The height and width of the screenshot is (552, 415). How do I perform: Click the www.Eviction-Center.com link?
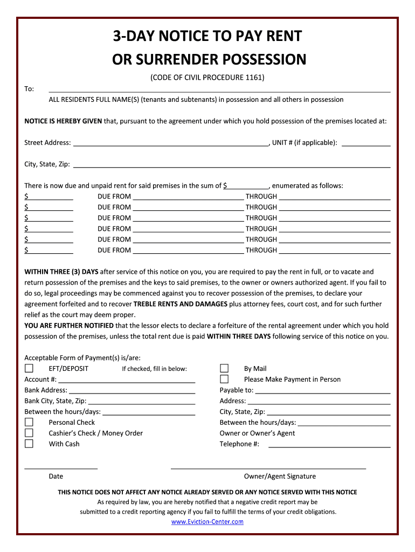207,522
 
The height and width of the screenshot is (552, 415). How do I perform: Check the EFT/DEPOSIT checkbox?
29,369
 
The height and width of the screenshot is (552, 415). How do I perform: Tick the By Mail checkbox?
224,369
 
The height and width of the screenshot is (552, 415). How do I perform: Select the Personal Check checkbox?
29,423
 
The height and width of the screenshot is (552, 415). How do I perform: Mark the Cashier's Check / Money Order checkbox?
29,433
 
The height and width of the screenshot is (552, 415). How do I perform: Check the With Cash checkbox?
29,444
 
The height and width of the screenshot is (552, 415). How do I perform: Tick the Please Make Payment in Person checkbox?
224,379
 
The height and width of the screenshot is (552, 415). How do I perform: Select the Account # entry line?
127,381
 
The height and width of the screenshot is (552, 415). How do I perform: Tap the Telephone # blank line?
329,446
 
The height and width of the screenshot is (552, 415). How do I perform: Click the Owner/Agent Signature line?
268,467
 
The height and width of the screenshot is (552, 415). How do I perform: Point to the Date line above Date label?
61,467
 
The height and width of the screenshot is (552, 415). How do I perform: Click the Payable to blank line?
322,392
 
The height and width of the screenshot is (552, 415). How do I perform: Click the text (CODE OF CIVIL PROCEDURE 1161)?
207,78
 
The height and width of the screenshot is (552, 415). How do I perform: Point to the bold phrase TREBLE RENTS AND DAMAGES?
181,304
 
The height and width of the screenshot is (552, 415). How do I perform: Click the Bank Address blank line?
132,392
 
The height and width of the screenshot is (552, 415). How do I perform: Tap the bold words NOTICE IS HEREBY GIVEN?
63,121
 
